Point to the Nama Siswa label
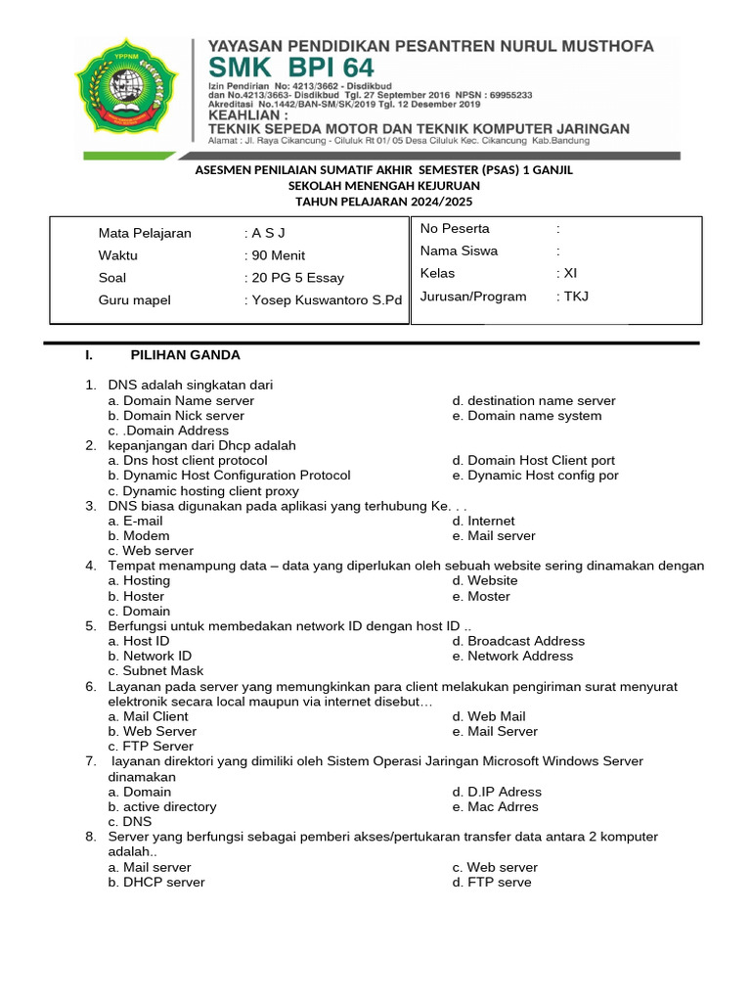(459, 250)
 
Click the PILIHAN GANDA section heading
(185, 355)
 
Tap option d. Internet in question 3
(483, 522)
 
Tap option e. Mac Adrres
(495, 807)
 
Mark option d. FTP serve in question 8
(492, 883)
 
